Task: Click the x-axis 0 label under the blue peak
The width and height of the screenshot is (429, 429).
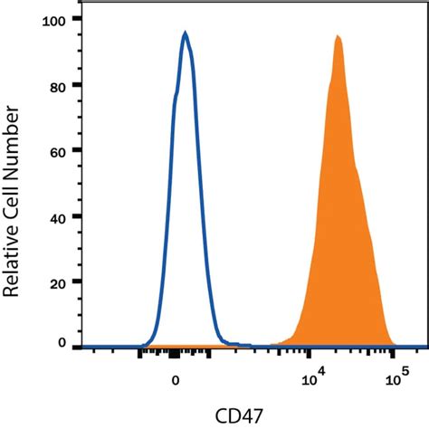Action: tap(176, 380)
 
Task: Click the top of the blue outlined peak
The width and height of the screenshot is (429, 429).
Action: tap(185, 33)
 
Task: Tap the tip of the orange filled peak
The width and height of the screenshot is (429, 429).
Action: tap(338, 36)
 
